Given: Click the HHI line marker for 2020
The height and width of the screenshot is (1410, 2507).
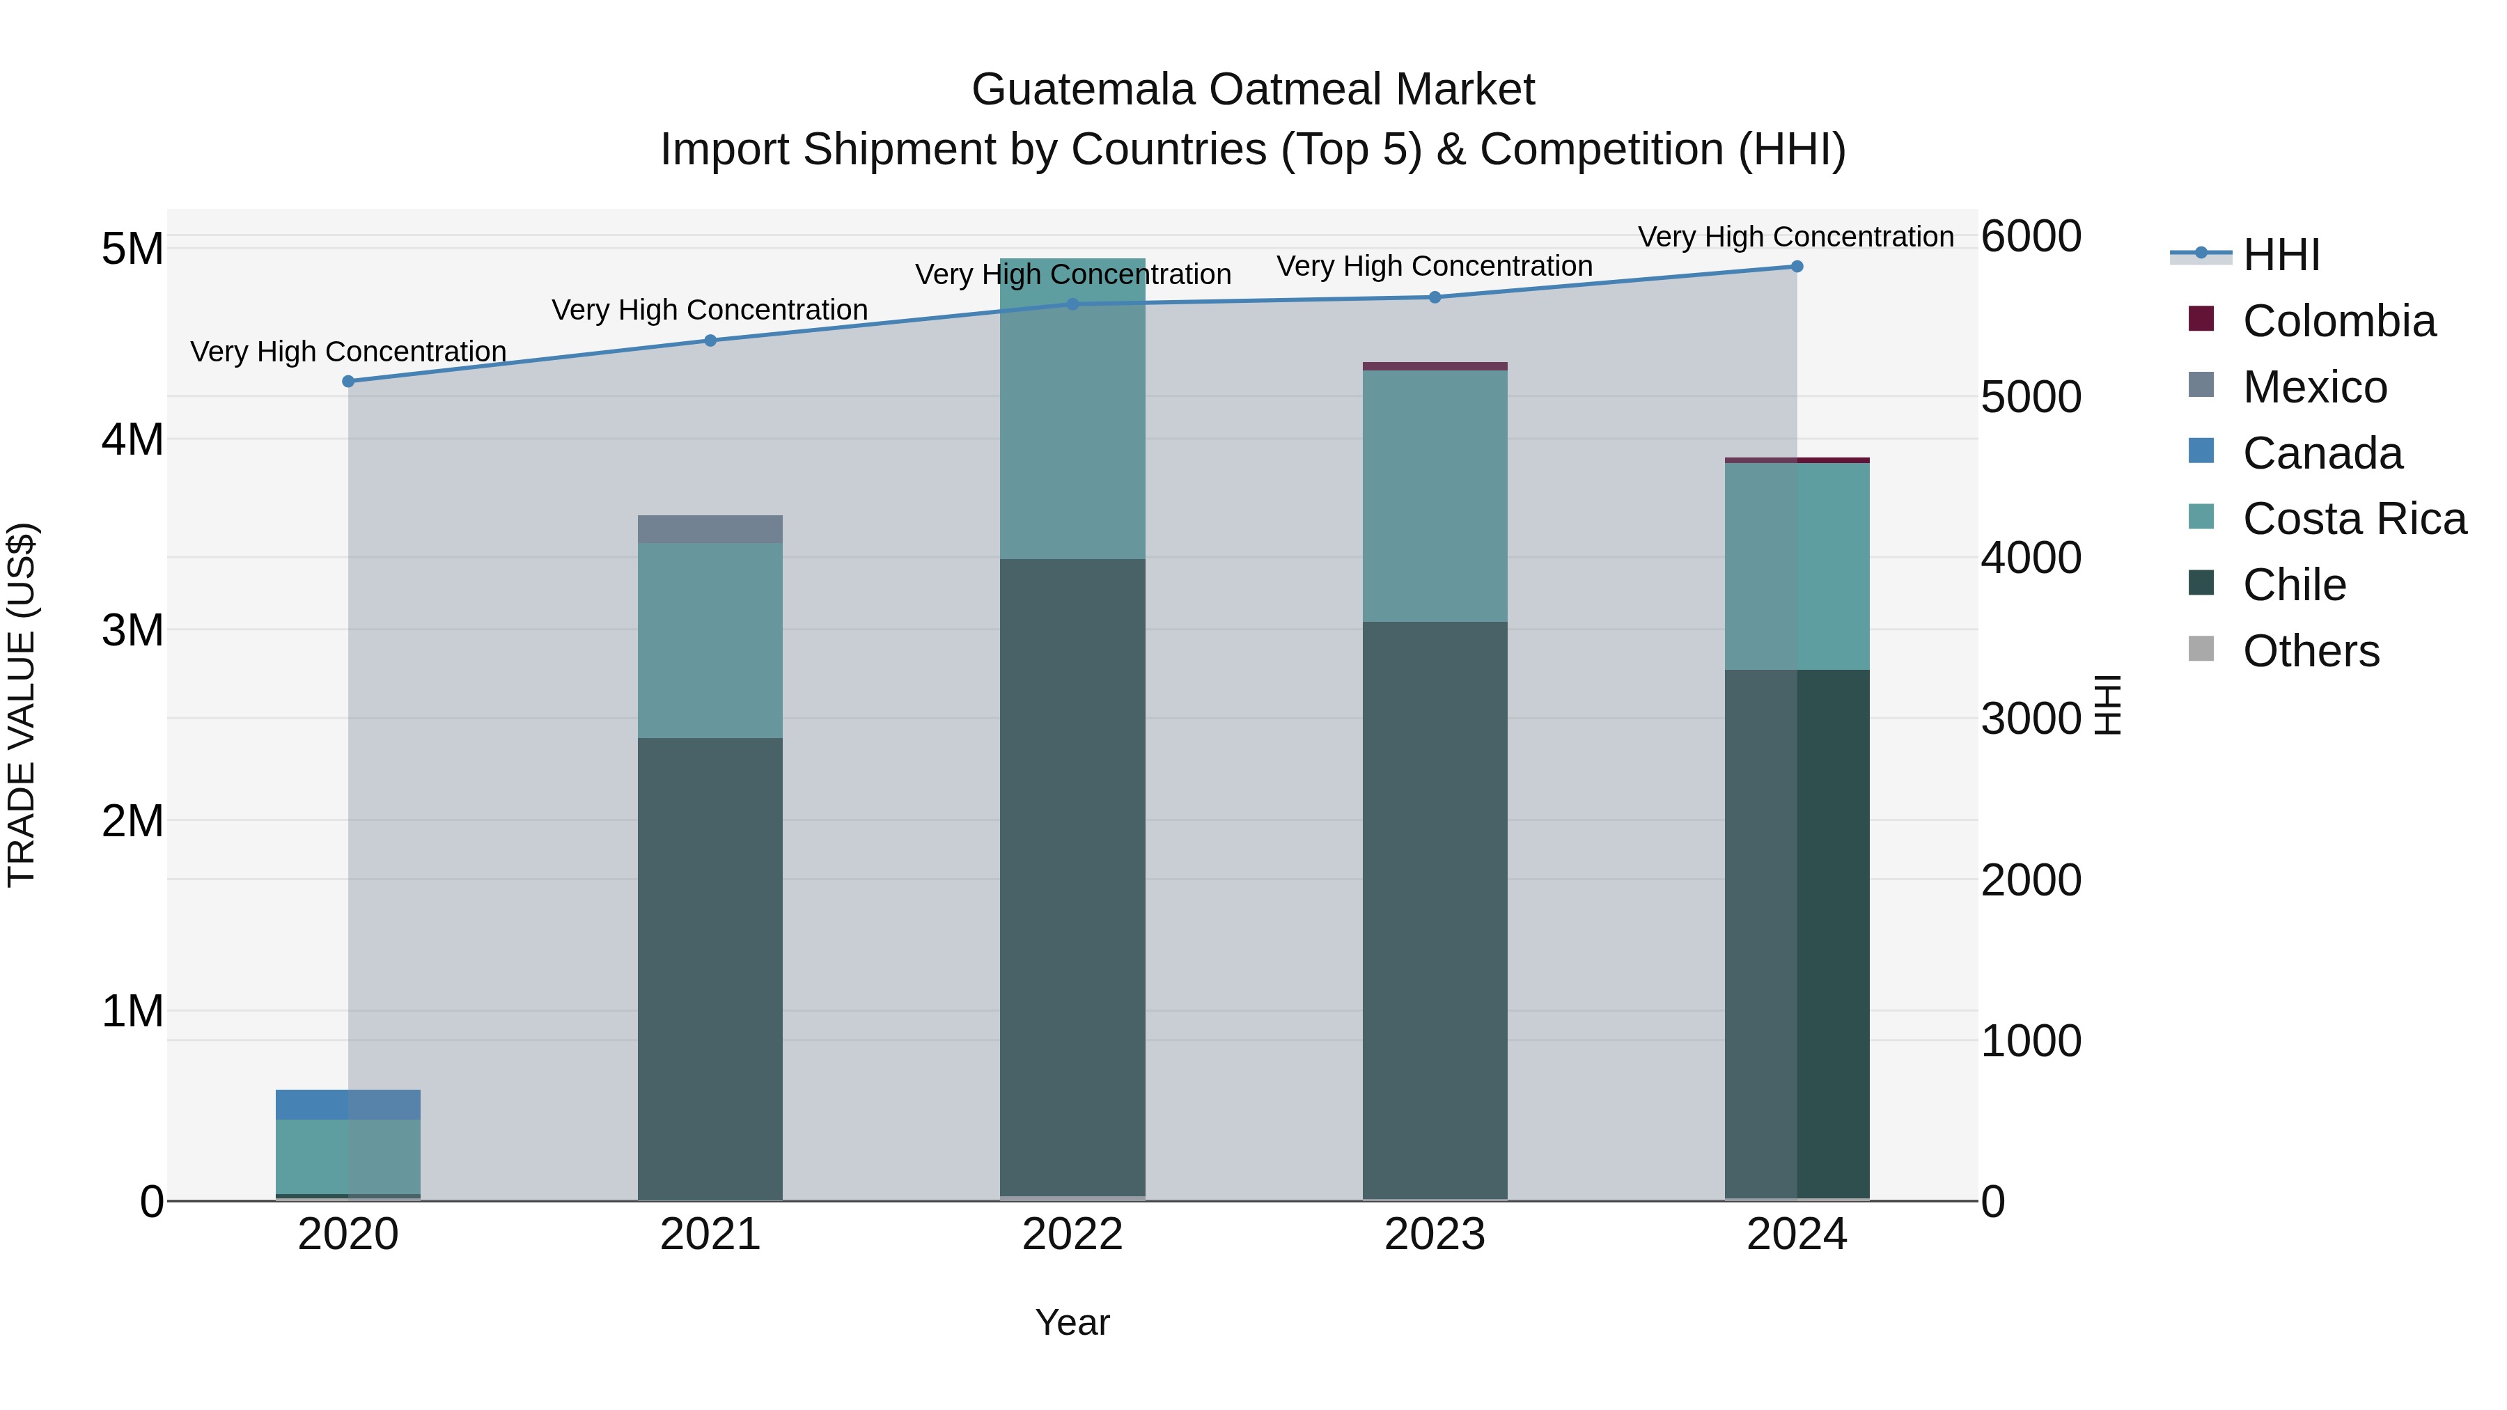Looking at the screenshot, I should point(348,382).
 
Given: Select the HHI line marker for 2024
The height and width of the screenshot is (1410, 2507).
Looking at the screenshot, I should point(1797,267).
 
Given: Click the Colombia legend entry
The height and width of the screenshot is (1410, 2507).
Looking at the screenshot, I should point(2338,321).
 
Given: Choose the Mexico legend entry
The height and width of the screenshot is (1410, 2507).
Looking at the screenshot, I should point(2314,387).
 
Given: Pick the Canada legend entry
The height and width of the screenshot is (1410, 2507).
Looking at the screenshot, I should point(2322,453).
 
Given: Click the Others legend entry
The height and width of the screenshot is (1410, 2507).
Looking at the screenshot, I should point(2311,651).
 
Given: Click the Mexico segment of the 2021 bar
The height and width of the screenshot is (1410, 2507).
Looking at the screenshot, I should point(710,529).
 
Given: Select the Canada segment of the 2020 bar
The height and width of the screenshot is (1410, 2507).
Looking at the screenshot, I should point(348,1104).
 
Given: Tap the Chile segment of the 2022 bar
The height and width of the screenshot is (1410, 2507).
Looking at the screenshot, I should point(1072,876).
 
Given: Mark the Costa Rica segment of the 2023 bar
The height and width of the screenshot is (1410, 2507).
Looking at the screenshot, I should point(1435,496).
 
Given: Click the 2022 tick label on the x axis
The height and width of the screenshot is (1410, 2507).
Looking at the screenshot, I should point(1072,1235).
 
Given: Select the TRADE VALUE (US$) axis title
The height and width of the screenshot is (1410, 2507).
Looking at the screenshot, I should point(22,705).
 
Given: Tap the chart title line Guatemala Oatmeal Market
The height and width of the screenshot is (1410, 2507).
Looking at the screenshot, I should point(1253,90).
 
